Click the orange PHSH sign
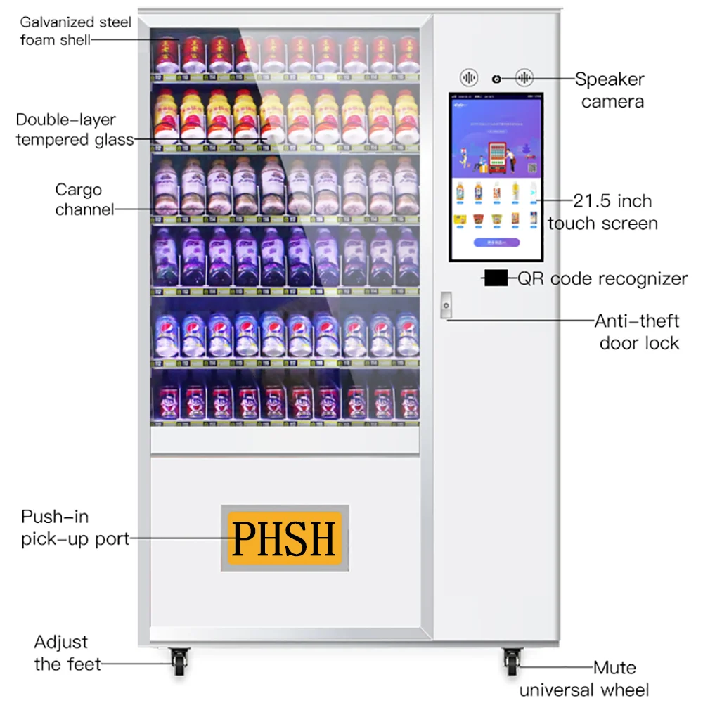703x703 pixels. pyautogui.click(x=285, y=538)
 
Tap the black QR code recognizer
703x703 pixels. pyautogui.click(x=496, y=278)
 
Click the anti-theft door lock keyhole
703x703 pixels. pyautogui.click(x=445, y=304)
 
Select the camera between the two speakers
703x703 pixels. pyautogui.click(x=497, y=78)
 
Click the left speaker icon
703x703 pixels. pyautogui.click(x=469, y=78)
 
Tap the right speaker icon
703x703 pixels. pyautogui.click(x=524, y=78)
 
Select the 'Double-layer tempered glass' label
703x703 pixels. pyautogui.click(x=75, y=129)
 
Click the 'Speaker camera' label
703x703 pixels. pyautogui.click(x=610, y=90)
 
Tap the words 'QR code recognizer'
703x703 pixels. pyautogui.click(x=602, y=279)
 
